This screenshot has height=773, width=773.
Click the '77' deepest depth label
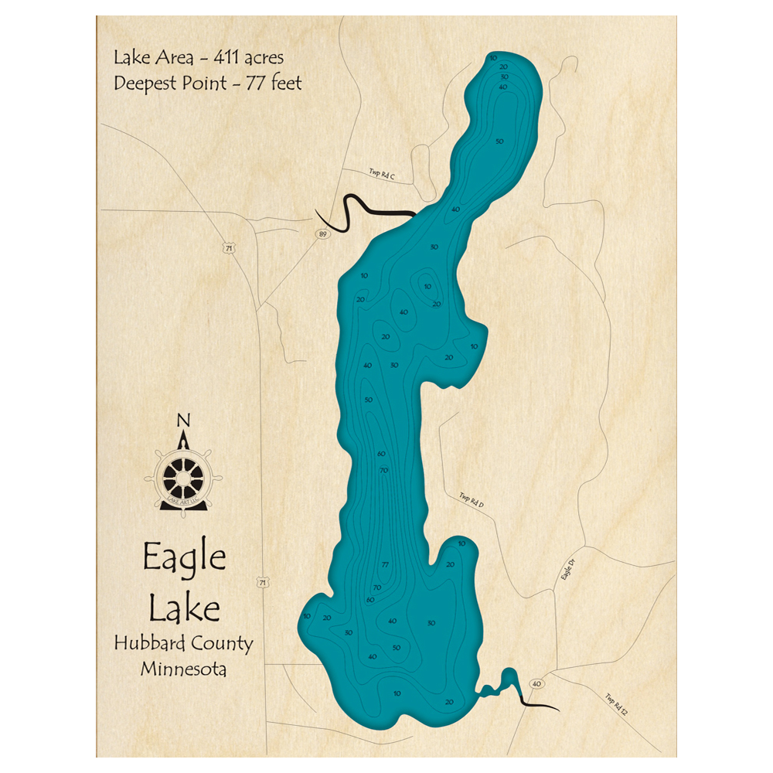pyautogui.click(x=384, y=565)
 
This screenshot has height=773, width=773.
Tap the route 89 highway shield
pyautogui.click(x=319, y=233)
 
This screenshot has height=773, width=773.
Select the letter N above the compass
pyautogui.click(x=184, y=421)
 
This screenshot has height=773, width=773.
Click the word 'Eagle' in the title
pyautogui.click(x=184, y=558)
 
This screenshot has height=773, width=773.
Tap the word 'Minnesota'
pyautogui.click(x=184, y=669)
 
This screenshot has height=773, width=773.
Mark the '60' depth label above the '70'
pyautogui.click(x=381, y=454)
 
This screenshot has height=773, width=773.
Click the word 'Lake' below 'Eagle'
pyautogui.click(x=184, y=609)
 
